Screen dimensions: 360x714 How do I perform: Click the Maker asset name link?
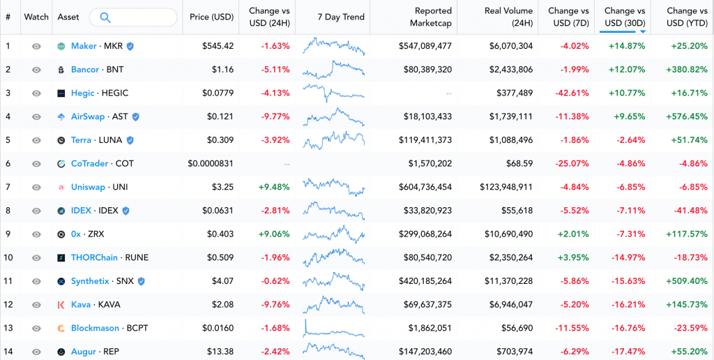point(84,46)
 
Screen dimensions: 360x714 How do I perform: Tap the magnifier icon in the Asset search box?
point(105,17)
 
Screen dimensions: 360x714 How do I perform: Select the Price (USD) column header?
point(211,17)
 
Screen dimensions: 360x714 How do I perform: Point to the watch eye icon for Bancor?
point(36,70)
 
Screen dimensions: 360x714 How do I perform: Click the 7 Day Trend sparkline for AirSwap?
point(333,117)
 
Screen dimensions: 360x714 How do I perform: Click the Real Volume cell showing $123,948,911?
point(506,187)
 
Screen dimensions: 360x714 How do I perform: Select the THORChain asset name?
point(94,257)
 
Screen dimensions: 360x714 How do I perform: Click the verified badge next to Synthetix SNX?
point(142,281)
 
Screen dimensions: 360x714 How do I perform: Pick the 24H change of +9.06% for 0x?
point(275,234)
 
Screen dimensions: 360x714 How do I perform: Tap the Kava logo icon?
point(61,305)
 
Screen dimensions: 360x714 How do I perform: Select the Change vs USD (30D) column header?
point(624,17)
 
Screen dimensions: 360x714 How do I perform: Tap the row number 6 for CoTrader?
point(8,163)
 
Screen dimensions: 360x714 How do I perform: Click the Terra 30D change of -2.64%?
point(628,140)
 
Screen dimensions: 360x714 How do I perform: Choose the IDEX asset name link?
point(81,211)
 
